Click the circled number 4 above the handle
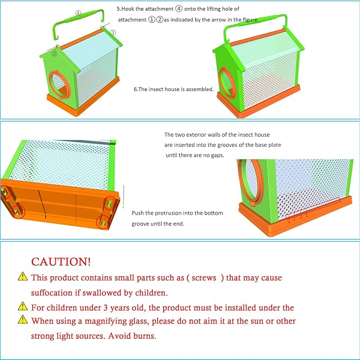pyautogui.click(x=78, y=13)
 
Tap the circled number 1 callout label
pyautogui.click(x=113, y=32)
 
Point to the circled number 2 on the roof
pyautogui.click(x=54, y=52)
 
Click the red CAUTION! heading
pyautogui.click(x=61, y=261)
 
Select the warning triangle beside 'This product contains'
pyautogui.click(x=22, y=277)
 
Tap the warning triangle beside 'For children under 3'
pyautogui.click(x=22, y=306)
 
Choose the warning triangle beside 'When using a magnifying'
pyautogui.click(x=22, y=320)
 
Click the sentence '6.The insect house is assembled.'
pyautogui.click(x=173, y=89)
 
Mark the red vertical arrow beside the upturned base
pyautogui.click(x=122, y=197)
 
